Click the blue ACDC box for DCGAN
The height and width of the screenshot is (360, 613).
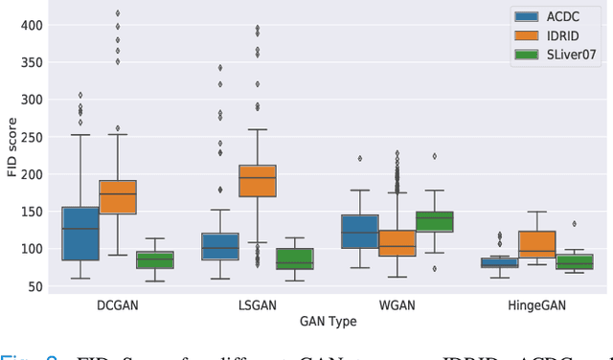[x=79, y=233]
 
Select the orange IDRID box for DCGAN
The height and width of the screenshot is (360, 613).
[x=118, y=197]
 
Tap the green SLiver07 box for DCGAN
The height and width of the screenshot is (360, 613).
[x=155, y=260]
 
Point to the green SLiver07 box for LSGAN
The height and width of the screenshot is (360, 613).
[x=294, y=259]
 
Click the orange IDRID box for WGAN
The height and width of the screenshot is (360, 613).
[x=397, y=243]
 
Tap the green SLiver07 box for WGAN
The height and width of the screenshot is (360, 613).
[x=434, y=222]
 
